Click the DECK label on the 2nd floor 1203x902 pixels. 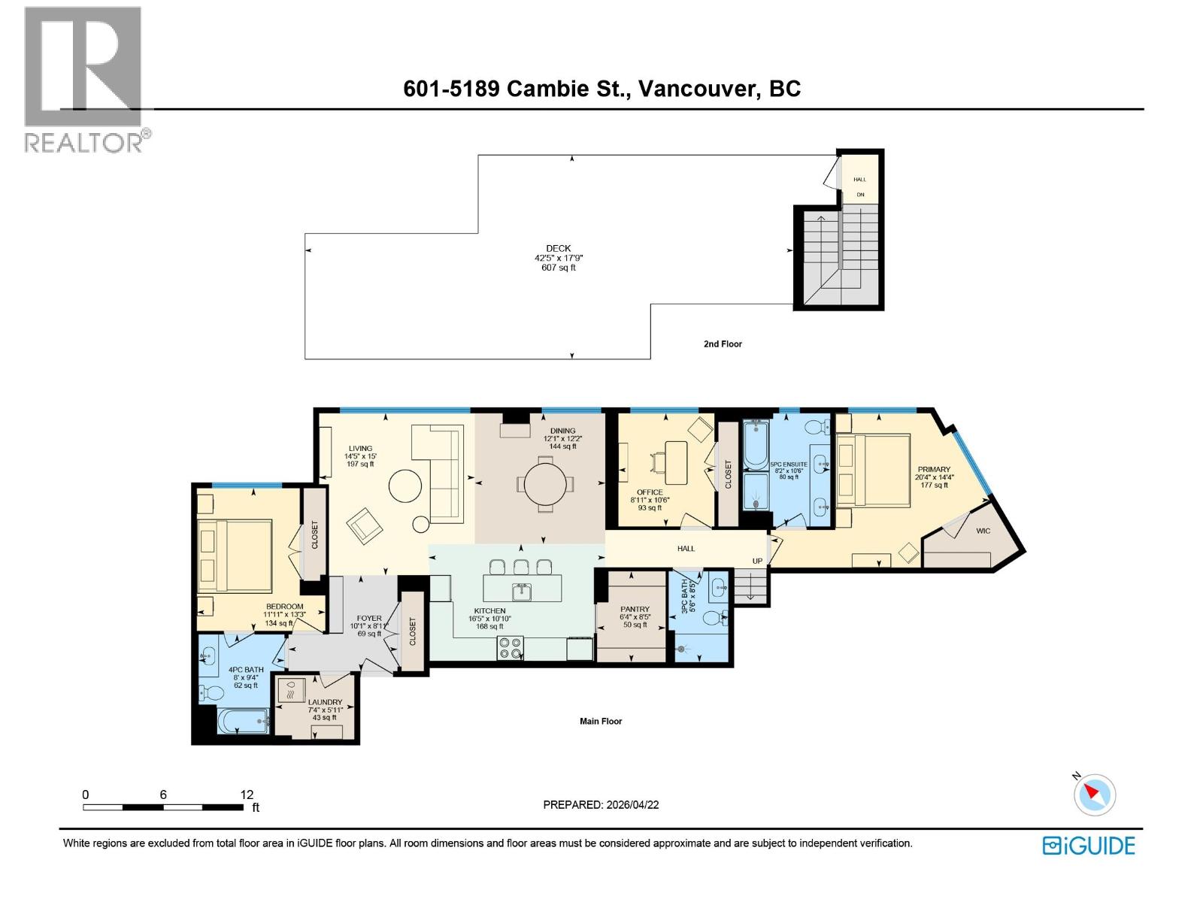(559, 248)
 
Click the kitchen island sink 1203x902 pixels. (522, 592)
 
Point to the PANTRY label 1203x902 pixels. (635, 610)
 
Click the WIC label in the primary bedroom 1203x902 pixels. (983, 531)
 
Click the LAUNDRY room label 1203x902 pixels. (325, 702)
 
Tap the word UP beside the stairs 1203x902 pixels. (758, 561)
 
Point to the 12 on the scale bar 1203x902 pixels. (247, 795)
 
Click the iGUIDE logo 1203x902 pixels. (1088, 845)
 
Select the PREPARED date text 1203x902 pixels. (601, 804)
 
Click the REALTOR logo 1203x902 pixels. (84, 79)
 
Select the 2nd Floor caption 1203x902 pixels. (723, 344)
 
